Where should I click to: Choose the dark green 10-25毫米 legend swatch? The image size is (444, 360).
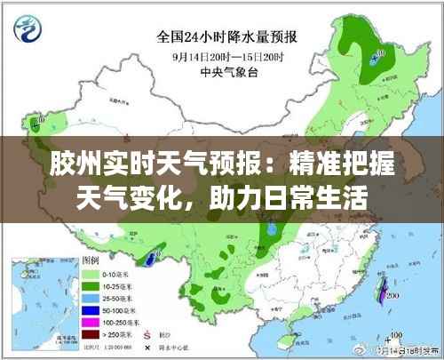[91, 286]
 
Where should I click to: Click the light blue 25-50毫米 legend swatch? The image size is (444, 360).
[91, 298]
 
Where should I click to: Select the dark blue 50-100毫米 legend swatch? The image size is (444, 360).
[91, 309]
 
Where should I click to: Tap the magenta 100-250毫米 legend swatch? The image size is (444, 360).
[91, 321]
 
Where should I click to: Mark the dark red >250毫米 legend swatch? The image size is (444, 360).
[91, 332]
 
